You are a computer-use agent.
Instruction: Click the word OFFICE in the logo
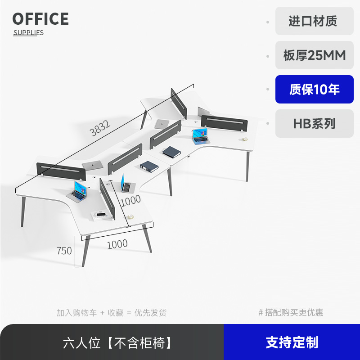pyautogui.click(x=40, y=19)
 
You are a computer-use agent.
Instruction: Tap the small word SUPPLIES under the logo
pyautogui.click(x=28, y=33)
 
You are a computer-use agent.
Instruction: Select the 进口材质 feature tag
pyautogui.click(x=314, y=21)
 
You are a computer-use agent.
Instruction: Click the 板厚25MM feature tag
pyautogui.click(x=314, y=55)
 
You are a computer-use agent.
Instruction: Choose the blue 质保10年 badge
pyautogui.click(x=314, y=90)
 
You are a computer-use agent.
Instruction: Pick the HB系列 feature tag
pyautogui.click(x=314, y=123)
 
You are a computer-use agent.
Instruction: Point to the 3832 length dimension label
pyautogui.click(x=100, y=129)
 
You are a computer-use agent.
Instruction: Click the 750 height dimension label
pyautogui.click(x=64, y=251)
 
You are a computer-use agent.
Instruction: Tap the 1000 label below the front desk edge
pyautogui.click(x=117, y=244)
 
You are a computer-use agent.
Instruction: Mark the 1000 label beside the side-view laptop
pyautogui.click(x=130, y=199)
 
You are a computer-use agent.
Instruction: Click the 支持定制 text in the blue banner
pyautogui.click(x=292, y=342)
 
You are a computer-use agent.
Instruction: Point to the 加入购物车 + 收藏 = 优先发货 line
pyautogui.click(x=111, y=312)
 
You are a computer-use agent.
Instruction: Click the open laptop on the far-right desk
pyautogui.click(x=200, y=136)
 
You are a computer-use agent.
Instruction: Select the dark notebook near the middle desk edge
pyautogui.click(x=171, y=152)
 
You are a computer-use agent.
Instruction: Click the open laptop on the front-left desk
pyautogui.click(x=77, y=191)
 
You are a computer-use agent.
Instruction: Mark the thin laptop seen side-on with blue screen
pyautogui.click(x=125, y=184)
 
